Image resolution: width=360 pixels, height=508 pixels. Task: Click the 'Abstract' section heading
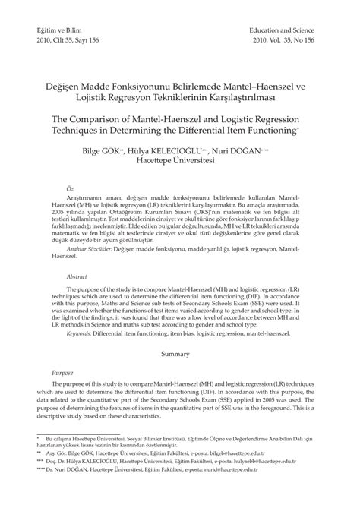point(76,277)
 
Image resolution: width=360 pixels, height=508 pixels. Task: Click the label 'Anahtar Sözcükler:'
point(89,248)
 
